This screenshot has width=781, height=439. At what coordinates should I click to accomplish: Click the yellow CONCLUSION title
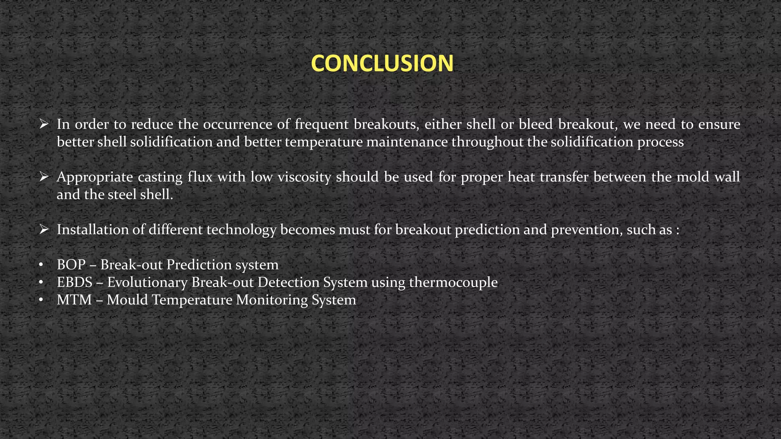pyautogui.click(x=382, y=63)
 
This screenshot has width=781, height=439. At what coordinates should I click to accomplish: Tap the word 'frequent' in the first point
pyautogui.click(x=321, y=124)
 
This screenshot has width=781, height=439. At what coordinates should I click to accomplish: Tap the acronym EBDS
pyautogui.click(x=75, y=282)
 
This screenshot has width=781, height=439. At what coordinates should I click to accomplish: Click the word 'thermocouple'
pyautogui.click(x=453, y=282)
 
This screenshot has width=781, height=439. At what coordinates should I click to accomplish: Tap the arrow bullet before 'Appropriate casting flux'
pyautogui.click(x=43, y=176)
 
